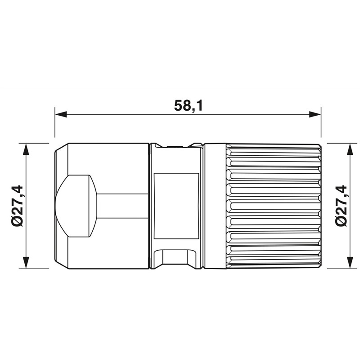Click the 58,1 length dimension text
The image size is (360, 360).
click(x=188, y=106)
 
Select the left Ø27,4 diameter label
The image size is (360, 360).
click(x=17, y=206)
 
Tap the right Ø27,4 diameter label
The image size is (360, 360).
click(x=341, y=206)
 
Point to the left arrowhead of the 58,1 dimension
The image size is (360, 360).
click(x=61, y=114)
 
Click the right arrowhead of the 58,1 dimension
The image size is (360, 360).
click(x=315, y=114)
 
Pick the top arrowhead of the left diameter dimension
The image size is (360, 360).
click(x=27, y=149)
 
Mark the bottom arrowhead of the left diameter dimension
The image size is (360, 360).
click(x=27, y=262)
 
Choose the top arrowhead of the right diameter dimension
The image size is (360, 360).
click(x=350, y=149)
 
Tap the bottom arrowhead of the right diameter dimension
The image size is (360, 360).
click(x=350, y=262)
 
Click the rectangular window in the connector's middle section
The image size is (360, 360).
click(x=176, y=206)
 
